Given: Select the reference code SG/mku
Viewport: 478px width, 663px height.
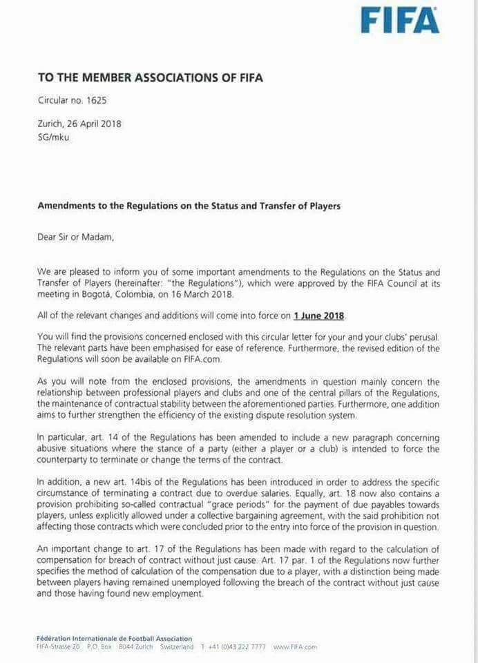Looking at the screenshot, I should pyautogui.click(x=54, y=137).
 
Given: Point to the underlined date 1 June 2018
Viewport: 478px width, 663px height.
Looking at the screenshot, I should pyautogui.click(x=318, y=316).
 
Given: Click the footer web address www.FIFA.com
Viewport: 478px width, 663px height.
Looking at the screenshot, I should pyautogui.click(x=295, y=647).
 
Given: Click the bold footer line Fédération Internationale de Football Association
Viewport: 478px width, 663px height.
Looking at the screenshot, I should pyautogui.click(x=115, y=638).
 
